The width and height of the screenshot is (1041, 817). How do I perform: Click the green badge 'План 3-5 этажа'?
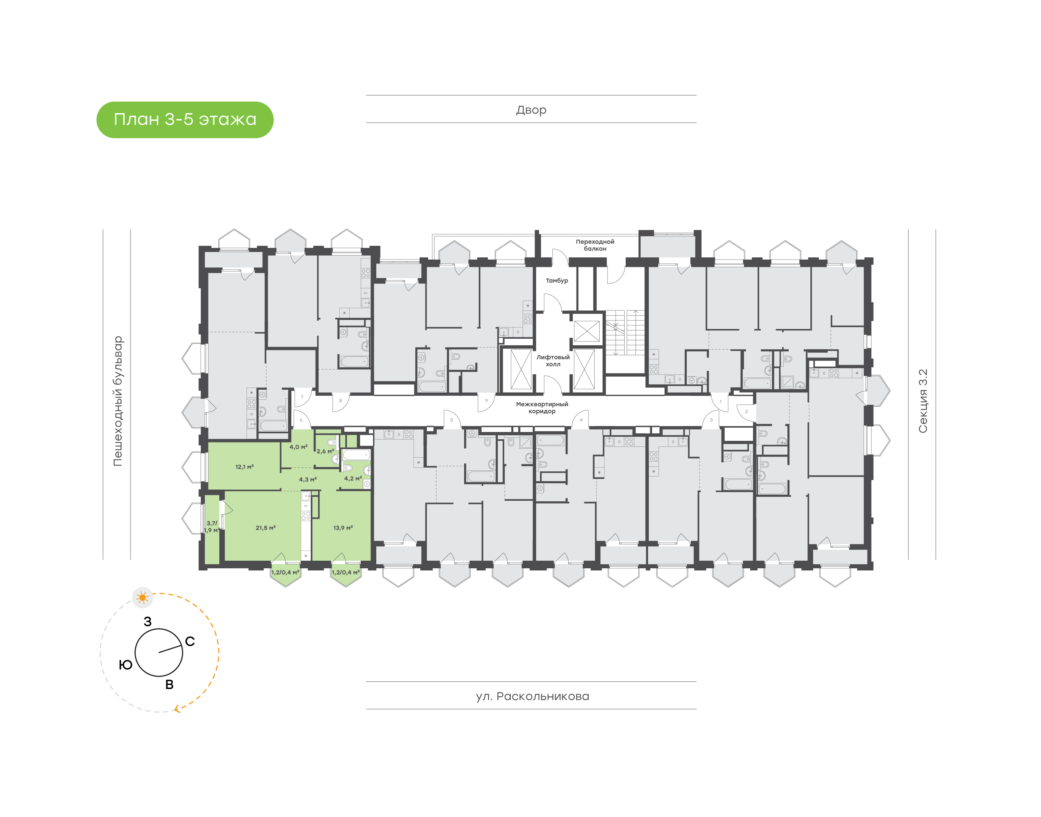[x=185, y=120]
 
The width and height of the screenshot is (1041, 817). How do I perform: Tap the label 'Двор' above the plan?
[x=531, y=110]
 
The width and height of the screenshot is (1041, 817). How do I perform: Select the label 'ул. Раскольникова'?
[x=532, y=696]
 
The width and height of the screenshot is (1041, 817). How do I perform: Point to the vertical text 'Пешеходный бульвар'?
[x=117, y=401]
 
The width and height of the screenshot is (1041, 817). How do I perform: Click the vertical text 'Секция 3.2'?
[x=922, y=401]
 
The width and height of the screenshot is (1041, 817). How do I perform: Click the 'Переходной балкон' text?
[x=595, y=245]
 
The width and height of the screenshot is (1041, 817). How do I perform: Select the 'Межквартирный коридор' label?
[x=542, y=407]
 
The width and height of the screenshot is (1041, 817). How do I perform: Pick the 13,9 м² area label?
[x=343, y=527]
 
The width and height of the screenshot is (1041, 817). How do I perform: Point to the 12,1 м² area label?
[x=244, y=466]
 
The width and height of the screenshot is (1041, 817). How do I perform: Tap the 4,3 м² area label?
[x=308, y=479]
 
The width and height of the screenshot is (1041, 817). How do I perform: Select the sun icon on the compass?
[x=142, y=598]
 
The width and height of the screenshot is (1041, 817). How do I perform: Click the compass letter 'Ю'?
[x=125, y=665]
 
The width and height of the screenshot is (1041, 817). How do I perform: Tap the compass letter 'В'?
[x=169, y=684]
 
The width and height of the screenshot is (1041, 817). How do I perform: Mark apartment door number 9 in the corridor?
[x=486, y=401]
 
